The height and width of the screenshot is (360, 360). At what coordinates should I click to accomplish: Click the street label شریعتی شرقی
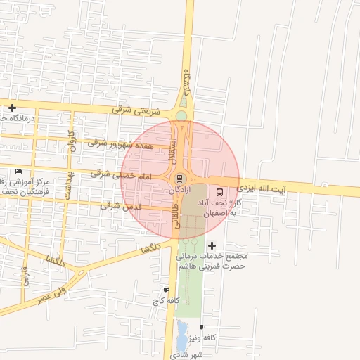tap(136, 110)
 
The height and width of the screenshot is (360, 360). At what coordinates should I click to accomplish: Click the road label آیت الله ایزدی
tap(261, 188)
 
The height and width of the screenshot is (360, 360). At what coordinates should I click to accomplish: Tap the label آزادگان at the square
tap(180, 191)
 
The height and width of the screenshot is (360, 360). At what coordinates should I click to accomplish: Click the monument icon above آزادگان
tap(179, 179)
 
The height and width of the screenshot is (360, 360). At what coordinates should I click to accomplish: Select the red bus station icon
tap(220, 191)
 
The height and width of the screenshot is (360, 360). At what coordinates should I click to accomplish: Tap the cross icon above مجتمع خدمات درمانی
tap(212, 245)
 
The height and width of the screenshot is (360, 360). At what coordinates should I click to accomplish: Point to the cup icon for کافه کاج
tap(166, 290)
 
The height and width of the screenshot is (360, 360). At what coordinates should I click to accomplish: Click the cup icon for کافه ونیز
tap(202, 328)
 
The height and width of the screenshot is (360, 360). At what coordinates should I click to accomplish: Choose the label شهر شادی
tap(190, 354)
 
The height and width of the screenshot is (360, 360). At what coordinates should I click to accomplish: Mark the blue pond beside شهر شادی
tap(181, 335)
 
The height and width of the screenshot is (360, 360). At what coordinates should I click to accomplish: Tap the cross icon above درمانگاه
tap(12, 108)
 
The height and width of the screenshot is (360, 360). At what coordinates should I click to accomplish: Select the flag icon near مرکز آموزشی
tap(18, 171)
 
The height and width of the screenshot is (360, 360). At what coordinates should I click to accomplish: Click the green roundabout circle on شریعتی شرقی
tap(181, 116)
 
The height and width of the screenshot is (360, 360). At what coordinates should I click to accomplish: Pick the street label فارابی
tap(25, 276)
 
